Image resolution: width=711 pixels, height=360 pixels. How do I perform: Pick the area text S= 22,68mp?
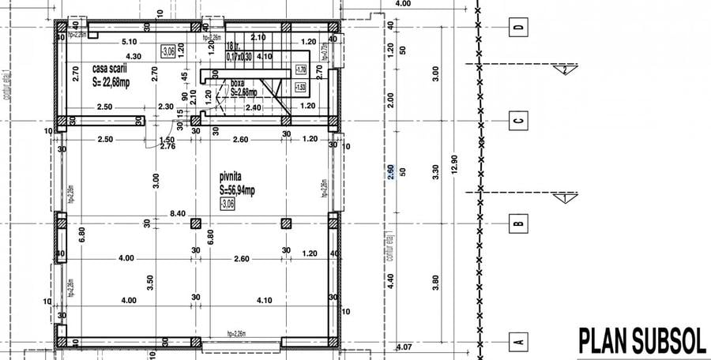(x=117, y=81)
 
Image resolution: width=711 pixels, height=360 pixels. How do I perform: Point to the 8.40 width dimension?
(x=178, y=213)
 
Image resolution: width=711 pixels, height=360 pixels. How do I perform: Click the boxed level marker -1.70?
(x=300, y=69)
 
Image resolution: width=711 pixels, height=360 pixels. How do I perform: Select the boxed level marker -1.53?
(x=300, y=88)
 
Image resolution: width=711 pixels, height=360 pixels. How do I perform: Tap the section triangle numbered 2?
(x=566, y=70)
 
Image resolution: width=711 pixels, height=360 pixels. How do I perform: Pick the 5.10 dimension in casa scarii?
(x=130, y=41)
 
